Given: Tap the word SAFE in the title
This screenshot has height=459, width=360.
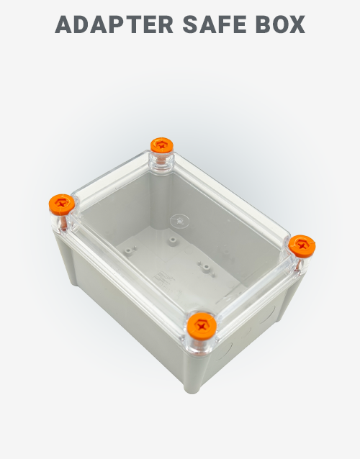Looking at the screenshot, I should tap(210, 24).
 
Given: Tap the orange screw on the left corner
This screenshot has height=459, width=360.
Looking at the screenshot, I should tap(62, 204).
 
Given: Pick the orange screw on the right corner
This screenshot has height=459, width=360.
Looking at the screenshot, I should tap(302, 246).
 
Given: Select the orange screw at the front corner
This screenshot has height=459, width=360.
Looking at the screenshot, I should tap(202, 329).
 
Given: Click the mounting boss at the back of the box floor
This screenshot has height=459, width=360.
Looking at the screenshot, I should tap(173, 237).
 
